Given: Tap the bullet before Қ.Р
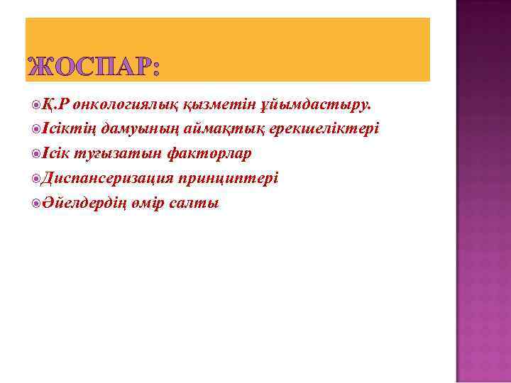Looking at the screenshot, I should tap(36, 106).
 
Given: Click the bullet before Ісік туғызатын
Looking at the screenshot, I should tap(36, 154).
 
